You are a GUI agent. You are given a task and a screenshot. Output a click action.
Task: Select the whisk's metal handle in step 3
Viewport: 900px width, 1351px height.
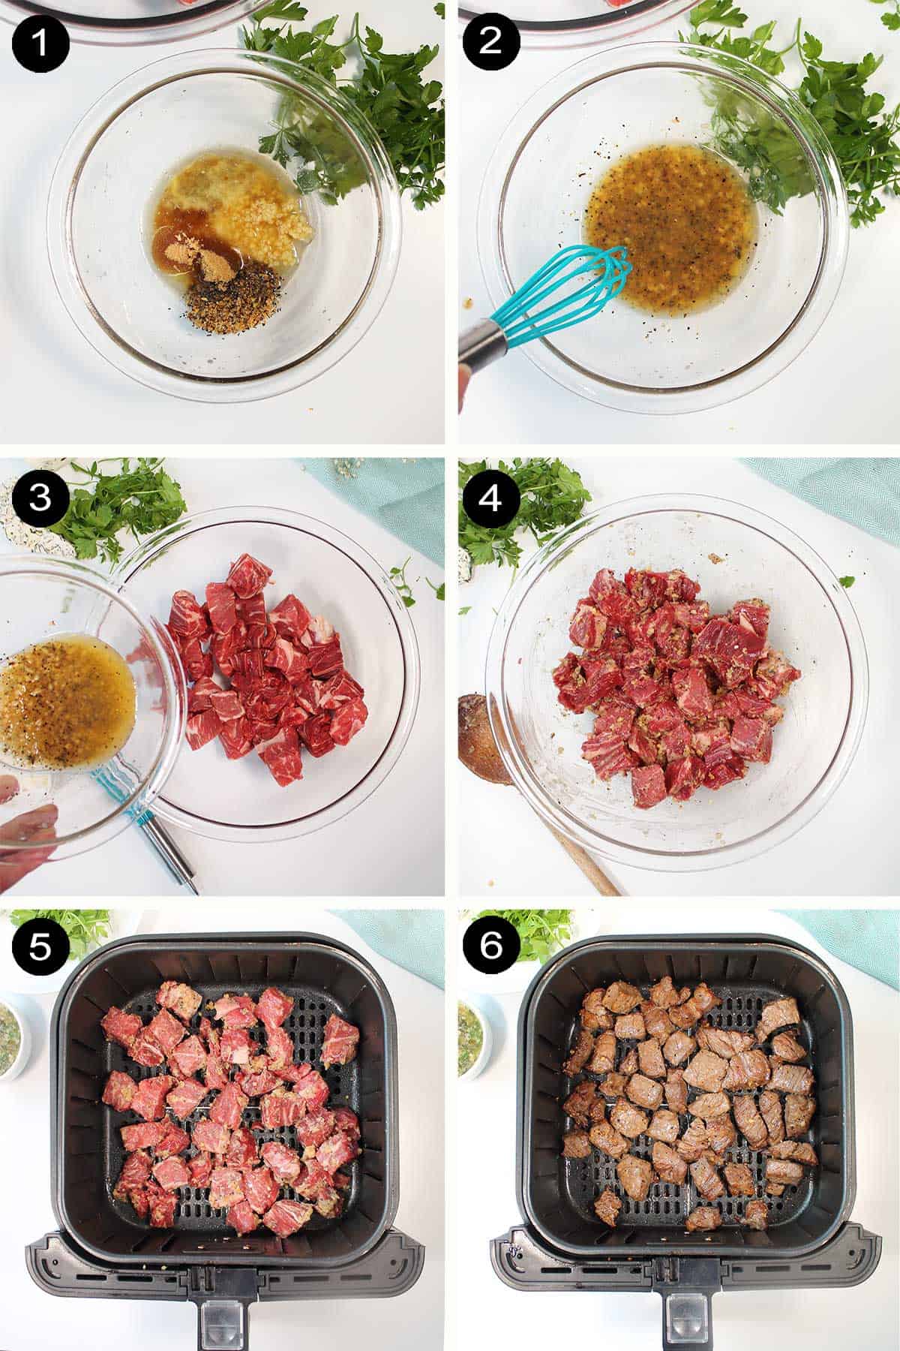[x=169, y=848]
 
